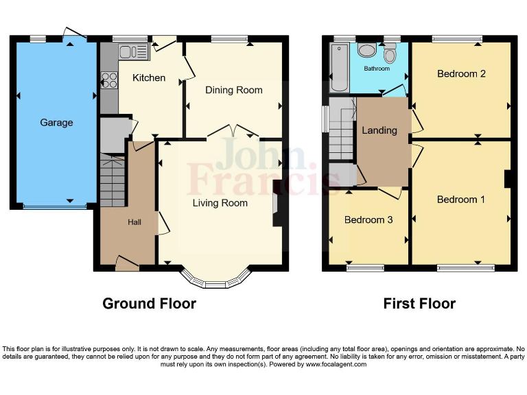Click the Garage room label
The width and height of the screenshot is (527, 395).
point(56,123)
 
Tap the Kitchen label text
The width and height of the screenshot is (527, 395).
point(149,77)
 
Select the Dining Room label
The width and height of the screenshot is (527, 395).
point(234,90)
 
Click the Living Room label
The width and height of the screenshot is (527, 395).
point(220,203)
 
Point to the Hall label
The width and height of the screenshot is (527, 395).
point(134,222)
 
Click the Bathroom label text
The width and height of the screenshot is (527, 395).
point(377,69)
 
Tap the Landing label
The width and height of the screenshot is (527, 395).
point(379,130)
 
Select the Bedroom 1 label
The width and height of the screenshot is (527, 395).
point(461,200)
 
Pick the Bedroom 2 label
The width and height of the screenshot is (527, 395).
point(461,73)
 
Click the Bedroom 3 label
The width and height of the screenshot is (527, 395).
point(368,220)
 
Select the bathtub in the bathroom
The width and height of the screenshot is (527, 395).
point(339,67)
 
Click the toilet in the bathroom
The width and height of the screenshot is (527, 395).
point(390,53)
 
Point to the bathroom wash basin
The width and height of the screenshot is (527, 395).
point(367,50)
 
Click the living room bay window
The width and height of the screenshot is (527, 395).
point(215,280)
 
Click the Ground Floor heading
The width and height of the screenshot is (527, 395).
point(150,303)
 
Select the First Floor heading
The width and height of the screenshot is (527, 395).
point(419,303)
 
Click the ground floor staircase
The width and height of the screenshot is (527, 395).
point(113,180)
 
